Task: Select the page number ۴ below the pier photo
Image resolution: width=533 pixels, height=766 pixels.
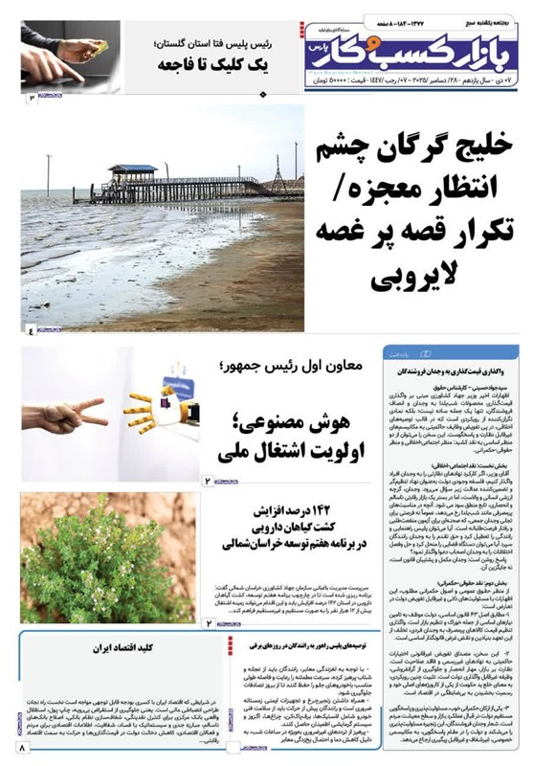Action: click(30, 331)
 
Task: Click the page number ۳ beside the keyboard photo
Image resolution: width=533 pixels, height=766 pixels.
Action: click(31, 99)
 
